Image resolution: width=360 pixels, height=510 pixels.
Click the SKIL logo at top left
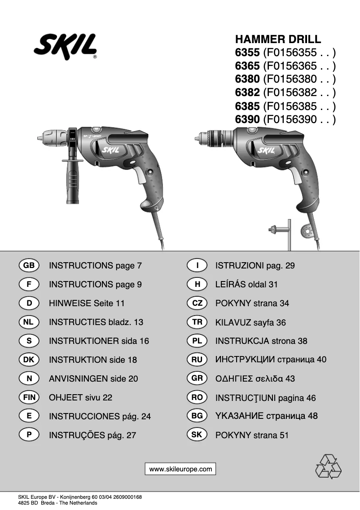(65, 47)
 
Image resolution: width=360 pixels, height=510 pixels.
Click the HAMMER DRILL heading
(278, 39)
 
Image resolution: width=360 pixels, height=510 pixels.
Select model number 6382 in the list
(247, 93)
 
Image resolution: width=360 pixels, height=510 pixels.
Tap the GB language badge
(29, 265)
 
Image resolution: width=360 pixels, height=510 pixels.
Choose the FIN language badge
(29, 397)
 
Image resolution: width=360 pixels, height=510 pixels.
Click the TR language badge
(197, 322)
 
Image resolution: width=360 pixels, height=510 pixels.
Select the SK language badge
(197, 435)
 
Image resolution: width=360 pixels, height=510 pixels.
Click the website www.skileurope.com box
(180, 469)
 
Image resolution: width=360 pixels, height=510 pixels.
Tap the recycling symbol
(328, 466)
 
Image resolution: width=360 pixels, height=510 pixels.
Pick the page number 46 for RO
(311, 398)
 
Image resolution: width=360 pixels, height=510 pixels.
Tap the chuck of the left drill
(55, 136)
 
